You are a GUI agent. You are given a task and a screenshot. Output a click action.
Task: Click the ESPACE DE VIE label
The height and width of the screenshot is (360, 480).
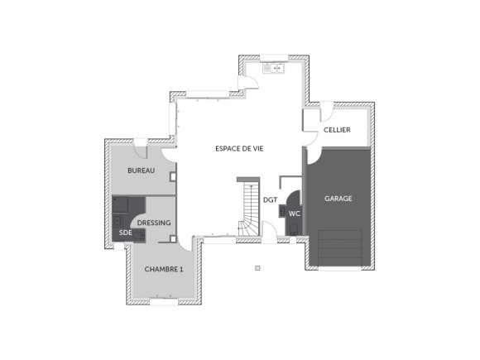tap(238, 147)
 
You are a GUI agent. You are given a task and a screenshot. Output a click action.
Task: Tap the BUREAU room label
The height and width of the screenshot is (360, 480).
tap(141, 170)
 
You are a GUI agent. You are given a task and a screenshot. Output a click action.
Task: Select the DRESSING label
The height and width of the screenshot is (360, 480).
tap(154, 223)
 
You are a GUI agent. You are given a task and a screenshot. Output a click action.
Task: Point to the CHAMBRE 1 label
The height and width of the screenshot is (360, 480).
tap(163, 269)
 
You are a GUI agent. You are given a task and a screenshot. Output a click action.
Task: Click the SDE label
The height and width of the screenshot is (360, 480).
tap(126, 233)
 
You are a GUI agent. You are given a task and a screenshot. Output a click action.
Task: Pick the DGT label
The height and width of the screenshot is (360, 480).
tap(270, 199)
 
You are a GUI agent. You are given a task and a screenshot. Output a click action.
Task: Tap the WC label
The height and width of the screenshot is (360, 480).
tap(295, 213)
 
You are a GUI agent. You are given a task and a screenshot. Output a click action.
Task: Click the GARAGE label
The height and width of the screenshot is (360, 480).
tap(338, 199)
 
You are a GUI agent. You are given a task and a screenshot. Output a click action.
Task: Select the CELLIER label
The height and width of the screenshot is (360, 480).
tap(336, 130)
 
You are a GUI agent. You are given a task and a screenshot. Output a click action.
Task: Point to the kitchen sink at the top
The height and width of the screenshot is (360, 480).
tap(273, 70)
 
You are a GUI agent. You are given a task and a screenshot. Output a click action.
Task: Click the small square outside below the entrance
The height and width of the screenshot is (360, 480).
tap(258, 268)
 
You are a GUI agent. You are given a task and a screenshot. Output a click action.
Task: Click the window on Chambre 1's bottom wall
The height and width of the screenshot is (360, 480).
tap(163, 302)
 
